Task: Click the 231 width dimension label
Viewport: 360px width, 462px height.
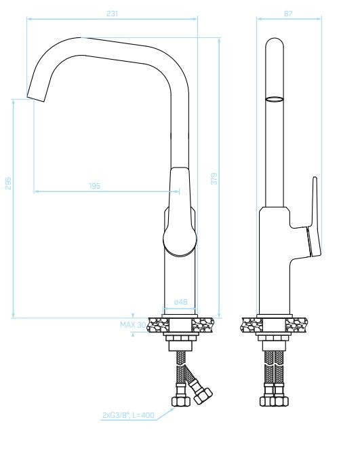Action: pos(112,14)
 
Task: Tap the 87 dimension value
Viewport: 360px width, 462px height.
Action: pos(288,14)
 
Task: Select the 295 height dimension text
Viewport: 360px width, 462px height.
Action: pos(8,183)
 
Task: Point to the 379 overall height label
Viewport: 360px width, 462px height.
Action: pos(214,178)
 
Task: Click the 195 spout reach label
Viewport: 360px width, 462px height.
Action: pos(94,186)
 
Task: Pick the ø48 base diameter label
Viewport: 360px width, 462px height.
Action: pos(180,302)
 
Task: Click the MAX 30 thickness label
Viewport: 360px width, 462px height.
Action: pos(133,325)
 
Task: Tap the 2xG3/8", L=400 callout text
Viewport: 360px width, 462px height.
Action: pos(128,415)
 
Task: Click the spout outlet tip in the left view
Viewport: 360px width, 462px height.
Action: pos(36,98)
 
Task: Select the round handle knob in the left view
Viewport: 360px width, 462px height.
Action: pos(180,239)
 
